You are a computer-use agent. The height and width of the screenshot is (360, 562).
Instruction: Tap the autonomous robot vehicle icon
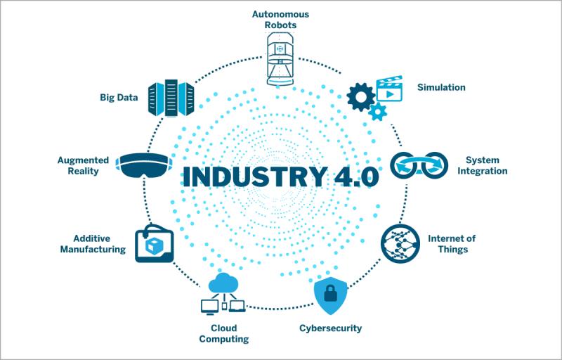pos(280,59)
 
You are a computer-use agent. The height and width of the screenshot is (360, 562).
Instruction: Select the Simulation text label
pos(441,87)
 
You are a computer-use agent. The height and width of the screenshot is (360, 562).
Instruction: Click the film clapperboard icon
pos(389,88)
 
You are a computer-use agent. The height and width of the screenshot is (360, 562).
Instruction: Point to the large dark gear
pos(360,97)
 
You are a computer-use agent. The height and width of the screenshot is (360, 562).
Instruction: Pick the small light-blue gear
pos(378,112)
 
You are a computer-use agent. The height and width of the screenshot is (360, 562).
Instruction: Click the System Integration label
pos(482,165)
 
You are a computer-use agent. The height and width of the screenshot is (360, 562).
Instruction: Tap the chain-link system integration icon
pos(419,165)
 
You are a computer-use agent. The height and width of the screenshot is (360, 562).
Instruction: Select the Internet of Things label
pos(452,244)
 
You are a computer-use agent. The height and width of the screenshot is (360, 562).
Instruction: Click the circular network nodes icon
pos(400,244)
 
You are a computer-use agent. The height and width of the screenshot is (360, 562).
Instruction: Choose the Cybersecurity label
pos(330,328)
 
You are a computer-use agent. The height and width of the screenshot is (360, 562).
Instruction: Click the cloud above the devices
pos(223,283)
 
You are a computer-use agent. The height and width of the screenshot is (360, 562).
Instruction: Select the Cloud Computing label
pos(224,333)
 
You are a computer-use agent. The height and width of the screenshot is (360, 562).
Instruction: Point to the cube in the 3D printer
pos(154,245)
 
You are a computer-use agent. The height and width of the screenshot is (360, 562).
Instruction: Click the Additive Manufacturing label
pos(93,244)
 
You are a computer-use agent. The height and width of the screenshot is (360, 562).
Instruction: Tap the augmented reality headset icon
pos(144,166)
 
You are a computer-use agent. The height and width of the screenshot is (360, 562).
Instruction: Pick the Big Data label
pos(119,97)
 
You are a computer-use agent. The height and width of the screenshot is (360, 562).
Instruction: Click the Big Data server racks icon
pos(171,98)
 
